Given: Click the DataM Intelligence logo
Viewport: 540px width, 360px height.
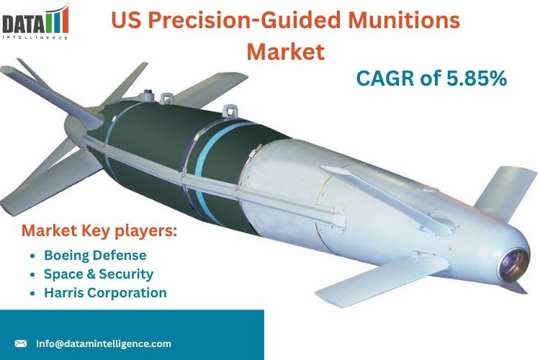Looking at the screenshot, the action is [x=35, y=22].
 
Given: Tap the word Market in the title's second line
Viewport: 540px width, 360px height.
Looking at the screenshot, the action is [x=286, y=51].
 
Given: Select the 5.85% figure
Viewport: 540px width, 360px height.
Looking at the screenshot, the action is [x=477, y=78].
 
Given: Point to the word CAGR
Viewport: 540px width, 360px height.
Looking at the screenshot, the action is [x=386, y=78].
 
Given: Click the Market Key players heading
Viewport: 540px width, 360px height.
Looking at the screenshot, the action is [x=99, y=231].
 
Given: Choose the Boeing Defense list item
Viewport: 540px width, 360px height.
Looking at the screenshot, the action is [x=95, y=256].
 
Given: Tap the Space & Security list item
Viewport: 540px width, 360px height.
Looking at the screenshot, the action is [x=99, y=274].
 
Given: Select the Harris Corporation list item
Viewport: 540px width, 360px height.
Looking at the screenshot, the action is [x=105, y=292].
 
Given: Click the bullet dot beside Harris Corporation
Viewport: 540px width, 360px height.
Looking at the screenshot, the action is [x=32, y=293].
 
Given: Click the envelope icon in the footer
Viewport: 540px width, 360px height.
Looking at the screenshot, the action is [x=21, y=343].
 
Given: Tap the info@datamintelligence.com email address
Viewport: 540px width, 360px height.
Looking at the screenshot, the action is [x=104, y=343].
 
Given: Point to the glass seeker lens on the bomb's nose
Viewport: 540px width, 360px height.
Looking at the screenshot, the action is [x=514, y=264].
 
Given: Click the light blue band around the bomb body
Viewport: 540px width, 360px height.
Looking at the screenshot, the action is [x=210, y=166].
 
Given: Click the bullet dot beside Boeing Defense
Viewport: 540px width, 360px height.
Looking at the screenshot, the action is [x=32, y=256].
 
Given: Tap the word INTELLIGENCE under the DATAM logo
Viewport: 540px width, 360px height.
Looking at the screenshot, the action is [x=35, y=37].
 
